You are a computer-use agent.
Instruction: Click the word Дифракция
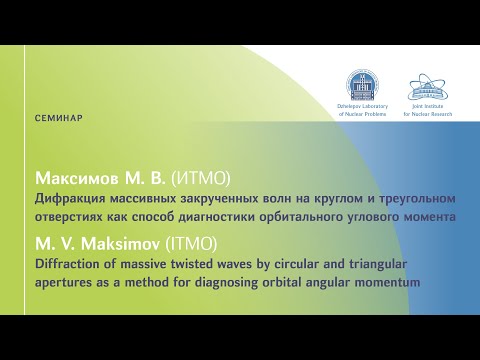tap(67, 199)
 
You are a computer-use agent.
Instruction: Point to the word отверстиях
tap(69, 215)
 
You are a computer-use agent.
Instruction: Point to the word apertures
tap(63, 282)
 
